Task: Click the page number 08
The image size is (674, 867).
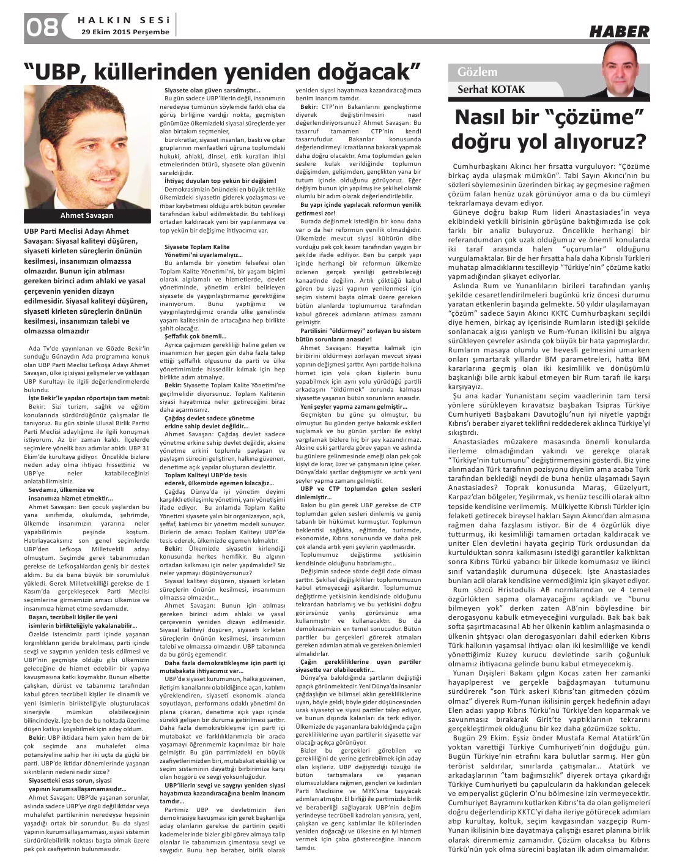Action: tap(42, 27)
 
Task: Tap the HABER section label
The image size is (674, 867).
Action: tap(619, 31)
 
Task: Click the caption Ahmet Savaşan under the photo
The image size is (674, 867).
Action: tap(86, 215)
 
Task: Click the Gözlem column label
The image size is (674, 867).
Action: tap(478, 72)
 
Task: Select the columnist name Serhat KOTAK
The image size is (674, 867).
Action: tap(491, 90)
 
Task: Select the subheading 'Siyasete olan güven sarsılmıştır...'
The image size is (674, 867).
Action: tap(204, 91)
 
